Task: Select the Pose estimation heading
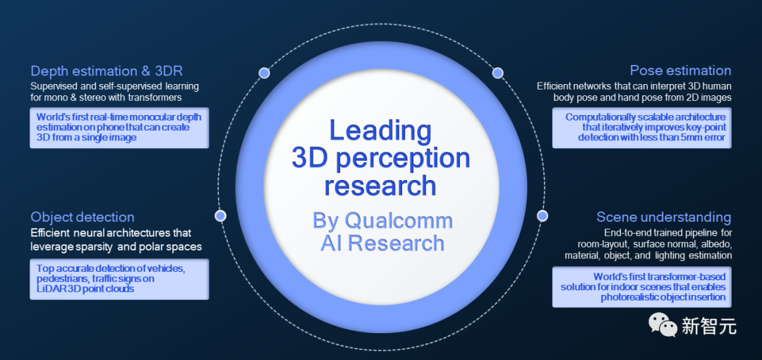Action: coord(680,71)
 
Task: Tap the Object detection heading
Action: coord(82,217)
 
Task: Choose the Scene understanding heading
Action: coord(663,217)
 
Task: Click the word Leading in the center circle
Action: coord(380,130)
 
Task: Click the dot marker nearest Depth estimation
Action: coord(265,73)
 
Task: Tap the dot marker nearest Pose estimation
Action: coord(497,73)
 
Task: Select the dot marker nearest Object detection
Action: coord(221,215)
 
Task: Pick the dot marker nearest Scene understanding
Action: coord(542,215)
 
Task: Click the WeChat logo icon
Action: coord(663,325)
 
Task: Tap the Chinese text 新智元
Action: coord(708,326)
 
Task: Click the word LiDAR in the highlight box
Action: coord(51,289)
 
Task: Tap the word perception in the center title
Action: coord(403,158)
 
